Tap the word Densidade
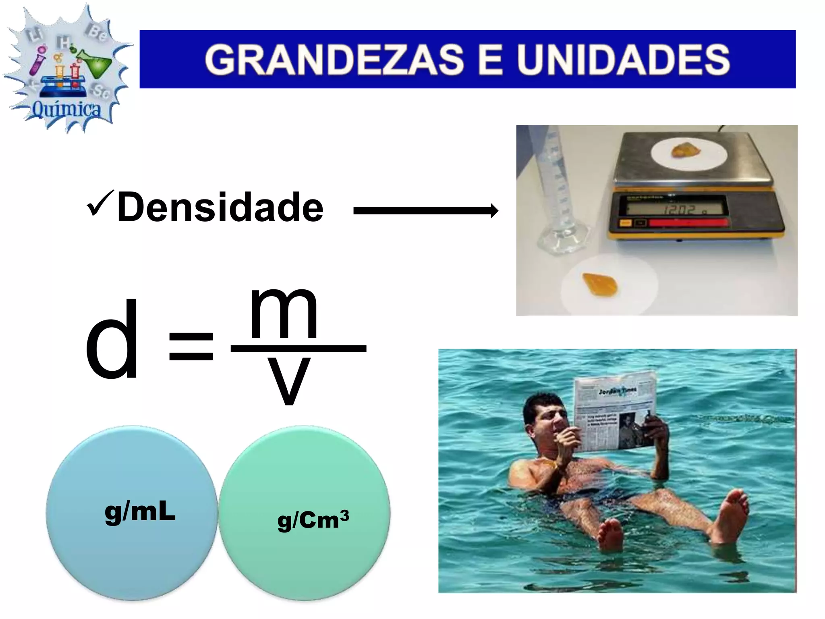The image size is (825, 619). (220, 207)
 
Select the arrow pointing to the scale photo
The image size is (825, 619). (425, 211)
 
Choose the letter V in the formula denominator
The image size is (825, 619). (288, 381)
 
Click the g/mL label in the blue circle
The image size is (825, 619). (140, 512)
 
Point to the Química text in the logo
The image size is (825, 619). (66, 109)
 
